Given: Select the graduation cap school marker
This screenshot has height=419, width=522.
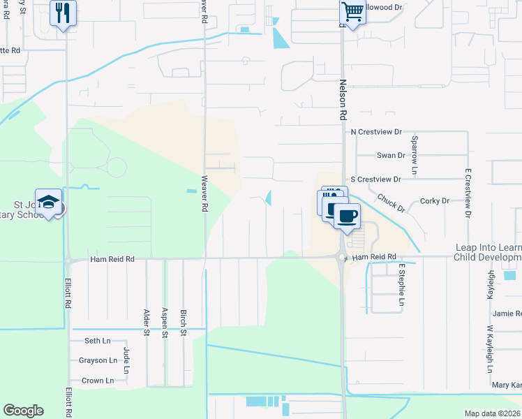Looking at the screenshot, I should pyautogui.click(x=48, y=203).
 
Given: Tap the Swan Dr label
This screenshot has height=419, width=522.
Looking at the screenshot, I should pyautogui.click(x=391, y=156).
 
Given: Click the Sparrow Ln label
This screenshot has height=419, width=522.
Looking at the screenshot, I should pyautogui.click(x=414, y=161).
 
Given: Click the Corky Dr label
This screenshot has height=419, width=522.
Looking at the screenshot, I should pyautogui.click(x=435, y=201).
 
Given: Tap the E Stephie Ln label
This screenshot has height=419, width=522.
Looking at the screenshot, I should pyautogui.click(x=402, y=285).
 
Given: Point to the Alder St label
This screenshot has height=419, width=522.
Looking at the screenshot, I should pyautogui.click(x=147, y=321).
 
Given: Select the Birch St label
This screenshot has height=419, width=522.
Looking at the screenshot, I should pyautogui.click(x=183, y=321).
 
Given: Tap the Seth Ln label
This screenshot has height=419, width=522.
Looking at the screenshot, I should pyautogui.click(x=97, y=341).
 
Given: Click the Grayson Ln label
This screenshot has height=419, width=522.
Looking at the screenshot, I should pyautogui.click(x=98, y=360).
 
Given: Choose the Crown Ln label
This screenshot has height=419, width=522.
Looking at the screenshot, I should pyautogui.click(x=97, y=381).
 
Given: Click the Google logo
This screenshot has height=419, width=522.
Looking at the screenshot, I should pyautogui.click(x=23, y=411).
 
